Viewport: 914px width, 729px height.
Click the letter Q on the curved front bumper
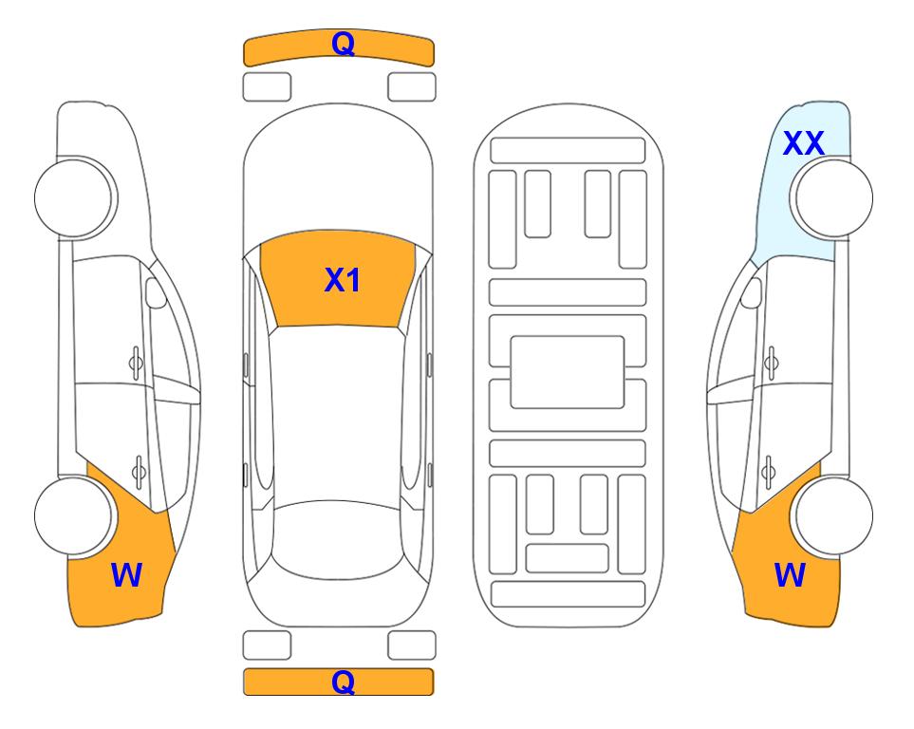[343, 44]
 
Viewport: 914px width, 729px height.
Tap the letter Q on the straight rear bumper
[343, 682]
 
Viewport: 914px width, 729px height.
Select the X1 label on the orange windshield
[343, 280]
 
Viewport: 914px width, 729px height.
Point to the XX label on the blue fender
[803, 143]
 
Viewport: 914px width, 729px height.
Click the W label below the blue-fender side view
[790, 575]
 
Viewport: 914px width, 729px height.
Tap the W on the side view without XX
[126, 575]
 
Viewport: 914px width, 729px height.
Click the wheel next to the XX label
[831, 198]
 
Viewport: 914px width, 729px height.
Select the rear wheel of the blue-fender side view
[831, 515]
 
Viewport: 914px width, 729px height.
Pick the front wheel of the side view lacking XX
[76, 198]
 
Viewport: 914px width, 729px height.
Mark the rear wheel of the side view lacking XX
[75, 515]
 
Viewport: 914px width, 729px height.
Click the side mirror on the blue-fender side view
[752, 293]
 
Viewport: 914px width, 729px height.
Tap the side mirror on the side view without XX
[156, 293]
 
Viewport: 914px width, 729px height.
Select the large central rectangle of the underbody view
[568, 372]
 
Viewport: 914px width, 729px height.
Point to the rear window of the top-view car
[338, 539]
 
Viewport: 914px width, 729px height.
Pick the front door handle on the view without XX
[136, 363]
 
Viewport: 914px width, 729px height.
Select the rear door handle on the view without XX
[139, 471]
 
